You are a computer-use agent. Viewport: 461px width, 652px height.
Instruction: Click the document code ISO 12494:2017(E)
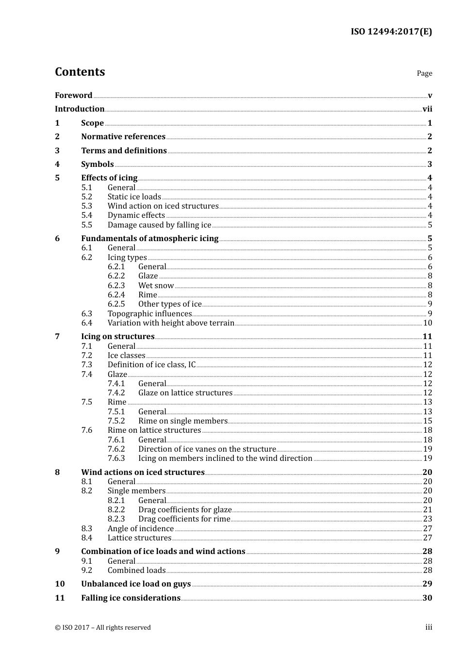click(391, 32)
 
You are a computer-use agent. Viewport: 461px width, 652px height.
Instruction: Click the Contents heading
click(80, 72)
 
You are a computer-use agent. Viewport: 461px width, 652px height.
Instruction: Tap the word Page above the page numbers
click(424, 73)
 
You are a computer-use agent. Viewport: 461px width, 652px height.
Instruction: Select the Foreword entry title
click(73, 96)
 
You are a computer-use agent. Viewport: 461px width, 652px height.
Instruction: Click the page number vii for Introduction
click(427, 109)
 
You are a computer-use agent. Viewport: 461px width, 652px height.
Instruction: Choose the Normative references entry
click(123, 137)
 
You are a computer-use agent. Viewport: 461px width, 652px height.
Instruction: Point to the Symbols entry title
click(98, 164)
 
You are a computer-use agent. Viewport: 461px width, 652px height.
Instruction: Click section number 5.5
click(86, 225)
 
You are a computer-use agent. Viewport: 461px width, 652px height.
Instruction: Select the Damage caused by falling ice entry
click(159, 225)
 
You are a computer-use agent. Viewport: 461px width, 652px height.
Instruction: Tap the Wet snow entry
click(156, 286)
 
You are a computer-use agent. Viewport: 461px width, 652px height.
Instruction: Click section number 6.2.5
click(116, 304)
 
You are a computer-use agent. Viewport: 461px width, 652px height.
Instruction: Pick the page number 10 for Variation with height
click(428, 323)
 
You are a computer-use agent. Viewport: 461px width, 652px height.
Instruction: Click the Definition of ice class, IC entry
click(151, 365)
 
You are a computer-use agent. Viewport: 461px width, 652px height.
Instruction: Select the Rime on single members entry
click(182, 421)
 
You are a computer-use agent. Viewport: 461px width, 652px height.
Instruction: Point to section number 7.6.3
click(116, 458)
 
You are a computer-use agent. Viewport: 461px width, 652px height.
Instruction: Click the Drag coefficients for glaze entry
click(185, 510)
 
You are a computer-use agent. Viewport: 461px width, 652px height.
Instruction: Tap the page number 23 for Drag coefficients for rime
click(428, 519)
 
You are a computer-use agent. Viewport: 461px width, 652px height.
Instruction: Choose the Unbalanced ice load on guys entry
click(136, 584)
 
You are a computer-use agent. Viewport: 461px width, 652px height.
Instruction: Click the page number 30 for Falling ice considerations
click(427, 598)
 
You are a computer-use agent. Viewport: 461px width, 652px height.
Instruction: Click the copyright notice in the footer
click(103, 628)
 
